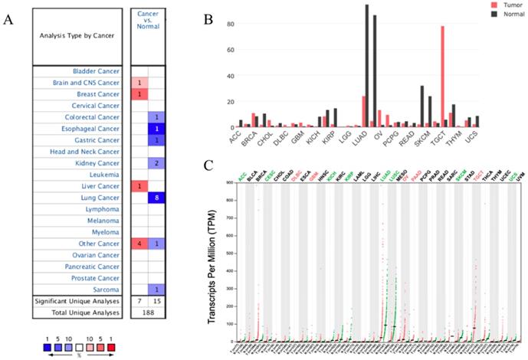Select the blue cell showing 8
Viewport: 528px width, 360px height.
(156, 198)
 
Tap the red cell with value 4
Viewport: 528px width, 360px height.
(139, 244)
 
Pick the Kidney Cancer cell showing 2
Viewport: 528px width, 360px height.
(156, 163)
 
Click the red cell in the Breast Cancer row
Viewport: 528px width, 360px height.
(139, 94)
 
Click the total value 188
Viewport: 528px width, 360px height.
(148, 313)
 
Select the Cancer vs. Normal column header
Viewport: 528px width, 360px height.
(148, 22)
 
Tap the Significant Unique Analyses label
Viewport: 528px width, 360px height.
(78, 301)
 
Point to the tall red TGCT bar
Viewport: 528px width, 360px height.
(442, 77)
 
